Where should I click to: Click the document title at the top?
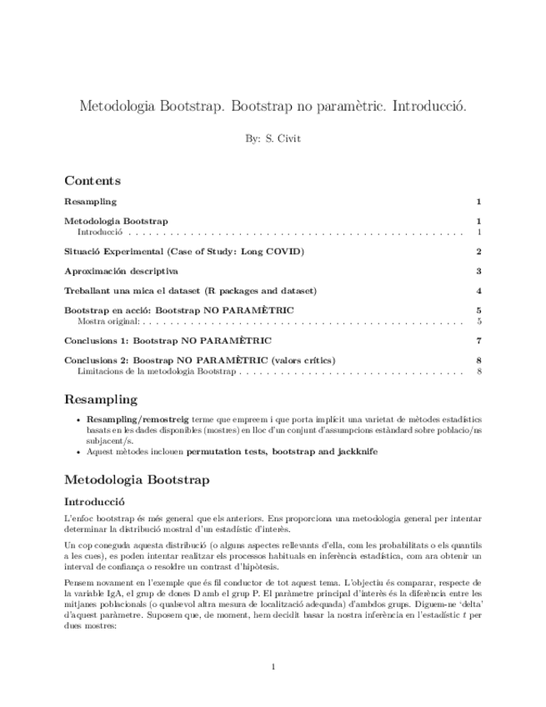[273, 107]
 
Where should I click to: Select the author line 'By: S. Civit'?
[273, 138]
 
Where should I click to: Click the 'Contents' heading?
[93, 181]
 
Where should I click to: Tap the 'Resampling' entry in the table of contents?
[90, 202]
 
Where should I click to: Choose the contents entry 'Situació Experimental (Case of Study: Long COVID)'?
[184, 252]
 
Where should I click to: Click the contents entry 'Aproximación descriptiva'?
[121, 271]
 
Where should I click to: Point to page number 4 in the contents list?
[478, 291]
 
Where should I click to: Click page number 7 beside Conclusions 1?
[478, 341]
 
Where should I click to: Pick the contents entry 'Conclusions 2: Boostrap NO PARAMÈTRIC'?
[199, 360]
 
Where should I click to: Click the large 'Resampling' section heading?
[101, 399]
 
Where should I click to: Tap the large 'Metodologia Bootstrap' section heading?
[137, 479]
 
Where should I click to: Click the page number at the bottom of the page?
[273, 666]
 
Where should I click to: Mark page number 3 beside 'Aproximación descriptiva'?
[478, 271]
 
